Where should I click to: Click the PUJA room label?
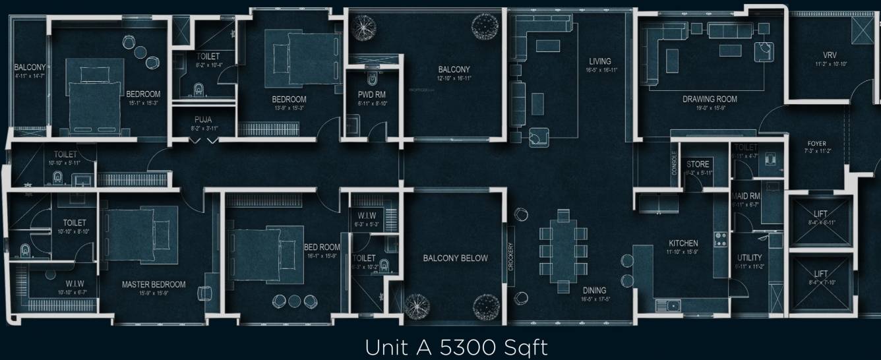click(202, 119)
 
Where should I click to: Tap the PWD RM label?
click(371, 95)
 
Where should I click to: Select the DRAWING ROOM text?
click(710, 100)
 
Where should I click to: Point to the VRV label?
click(830, 55)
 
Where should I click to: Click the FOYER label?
click(816, 144)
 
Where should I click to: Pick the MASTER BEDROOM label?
click(154, 285)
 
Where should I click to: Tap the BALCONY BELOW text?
click(455, 258)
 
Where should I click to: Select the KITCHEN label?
click(683, 243)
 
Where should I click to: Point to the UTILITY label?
click(750, 258)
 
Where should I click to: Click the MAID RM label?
click(746, 196)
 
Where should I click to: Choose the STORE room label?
click(697, 164)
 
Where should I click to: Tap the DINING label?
click(594, 290)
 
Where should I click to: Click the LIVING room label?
click(599, 61)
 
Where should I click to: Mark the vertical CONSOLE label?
click(674, 164)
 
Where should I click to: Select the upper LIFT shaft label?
click(821, 214)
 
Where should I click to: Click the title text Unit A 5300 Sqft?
click(456, 347)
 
